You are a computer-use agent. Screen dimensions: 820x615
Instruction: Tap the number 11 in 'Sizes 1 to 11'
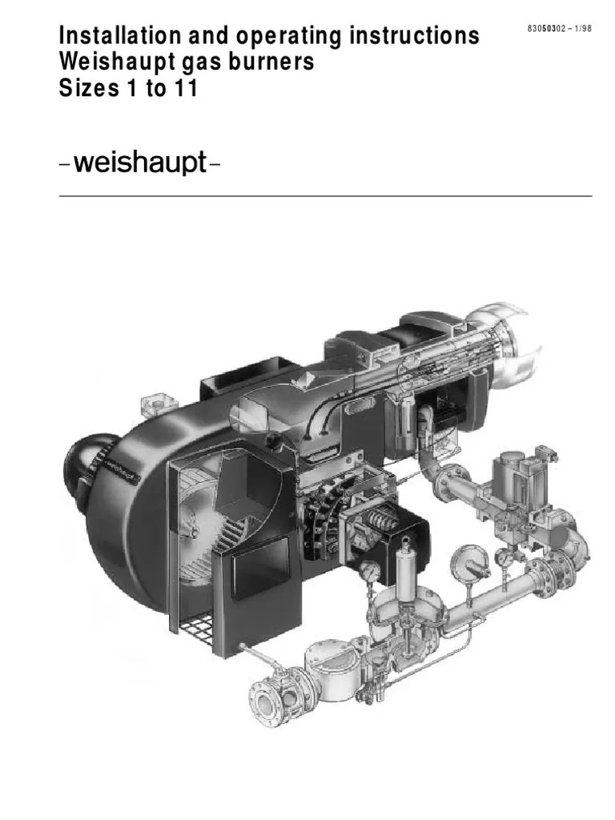184,89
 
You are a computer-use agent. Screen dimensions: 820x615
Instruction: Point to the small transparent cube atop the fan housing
150,402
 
